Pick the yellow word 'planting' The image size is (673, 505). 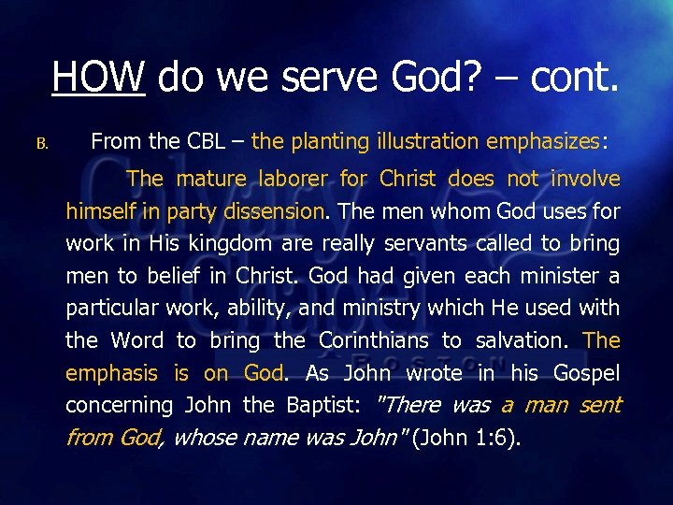coord(332,142)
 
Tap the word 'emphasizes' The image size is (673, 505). coord(543,142)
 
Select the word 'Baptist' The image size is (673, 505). coord(319,406)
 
